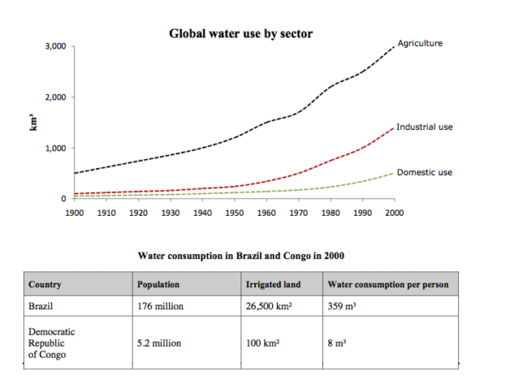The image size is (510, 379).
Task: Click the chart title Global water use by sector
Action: pyautogui.click(x=241, y=34)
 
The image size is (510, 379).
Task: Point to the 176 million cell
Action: pyautogui.click(x=161, y=307)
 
